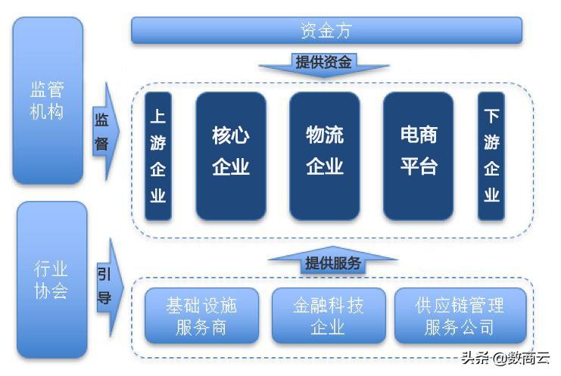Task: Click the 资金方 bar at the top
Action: [x=326, y=30]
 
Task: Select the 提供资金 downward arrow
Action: [x=324, y=64]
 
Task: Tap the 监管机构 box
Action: [x=48, y=101]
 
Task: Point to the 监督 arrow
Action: [x=105, y=132]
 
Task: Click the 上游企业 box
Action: [x=158, y=156]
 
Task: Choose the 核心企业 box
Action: [x=231, y=156]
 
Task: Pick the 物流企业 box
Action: [x=325, y=156]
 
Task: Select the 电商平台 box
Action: [x=418, y=156]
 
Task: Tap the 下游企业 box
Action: [x=491, y=156]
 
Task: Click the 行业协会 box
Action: [x=52, y=279]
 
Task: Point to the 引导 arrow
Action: [x=109, y=287]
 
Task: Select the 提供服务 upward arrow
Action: [x=332, y=260]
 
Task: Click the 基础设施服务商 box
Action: [x=201, y=315]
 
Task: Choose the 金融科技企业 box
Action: [x=329, y=315]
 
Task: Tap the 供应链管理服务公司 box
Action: [x=460, y=315]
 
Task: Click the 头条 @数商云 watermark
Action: [x=505, y=358]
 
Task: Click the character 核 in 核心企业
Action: [x=221, y=135]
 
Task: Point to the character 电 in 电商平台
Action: [x=410, y=135]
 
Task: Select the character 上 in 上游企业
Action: [x=158, y=117]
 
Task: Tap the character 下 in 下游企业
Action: [x=491, y=117]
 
